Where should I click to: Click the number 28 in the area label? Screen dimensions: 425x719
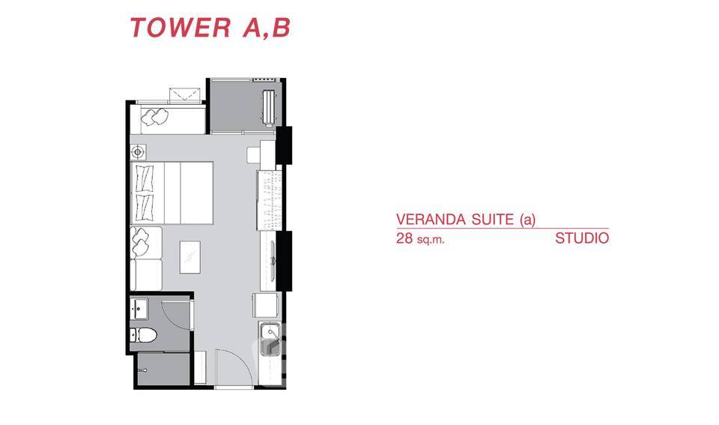click(x=404, y=240)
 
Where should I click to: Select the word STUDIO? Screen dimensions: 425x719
click(x=582, y=240)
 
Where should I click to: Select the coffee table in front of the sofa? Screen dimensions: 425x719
click(x=190, y=256)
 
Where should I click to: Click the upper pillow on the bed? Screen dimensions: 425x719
click(x=145, y=178)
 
